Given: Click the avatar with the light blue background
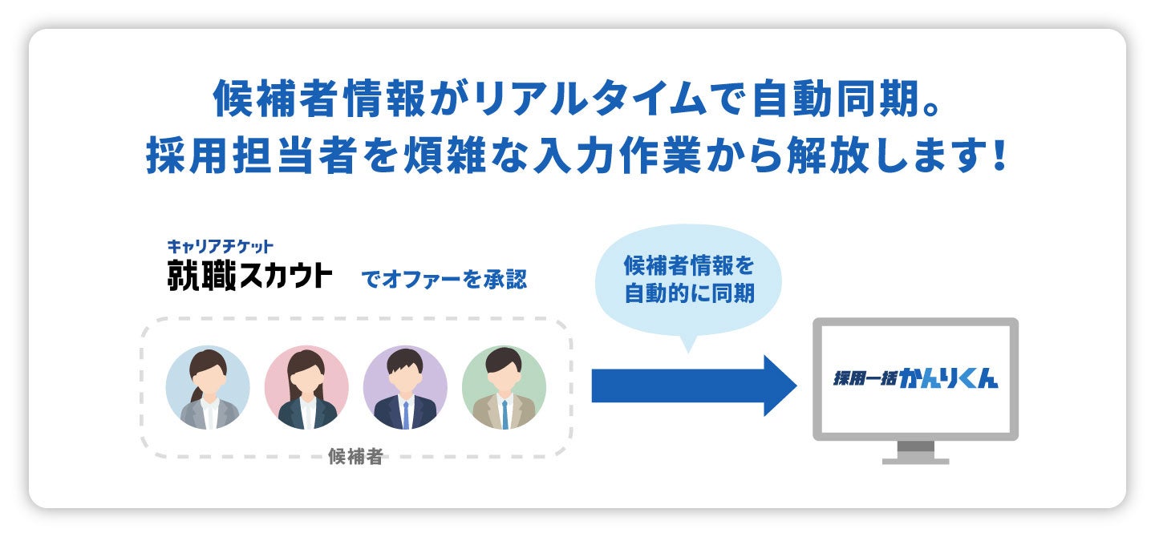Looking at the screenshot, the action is pyautogui.click(x=208, y=388).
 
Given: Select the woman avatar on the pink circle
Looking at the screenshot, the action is pyautogui.click(x=306, y=388).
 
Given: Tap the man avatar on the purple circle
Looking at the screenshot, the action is pyautogui.click(x=405, y=388).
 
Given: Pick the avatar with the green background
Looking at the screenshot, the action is pyautogui.click(x=504, y=388).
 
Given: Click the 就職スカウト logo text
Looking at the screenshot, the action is pyautogui.click(x=249, y=275).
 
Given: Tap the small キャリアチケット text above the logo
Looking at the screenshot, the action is pyautogui.click(x=221, y=245).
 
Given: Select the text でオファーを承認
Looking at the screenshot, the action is pyautogui.click(x=444, y=280).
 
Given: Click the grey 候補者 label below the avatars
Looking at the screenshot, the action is pyautogui.click(x=355, y=457).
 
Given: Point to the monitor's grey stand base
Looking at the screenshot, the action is pyautogui.click(x=915, y=461).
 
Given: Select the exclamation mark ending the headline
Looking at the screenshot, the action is pyautogui.click(x=998, y=155).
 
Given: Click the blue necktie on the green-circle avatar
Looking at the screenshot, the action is pyautogui.click(x=505, y=414).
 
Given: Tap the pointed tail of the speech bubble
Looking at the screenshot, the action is pyautogui.click(x=687, y=345).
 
